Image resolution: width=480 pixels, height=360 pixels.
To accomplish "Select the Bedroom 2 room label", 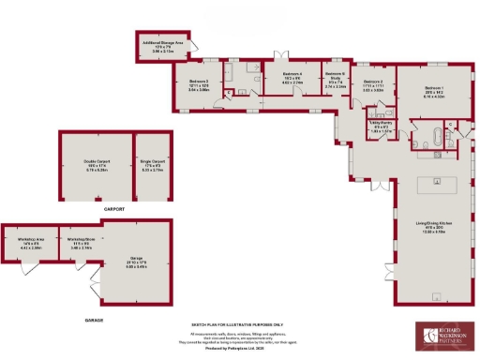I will click(374, 86).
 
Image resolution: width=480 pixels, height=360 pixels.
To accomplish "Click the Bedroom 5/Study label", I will click(336, 79).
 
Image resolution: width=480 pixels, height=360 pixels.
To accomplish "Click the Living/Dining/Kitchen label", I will click(434, 225).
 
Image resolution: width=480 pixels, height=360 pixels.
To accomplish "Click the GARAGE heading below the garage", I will click(94, 320).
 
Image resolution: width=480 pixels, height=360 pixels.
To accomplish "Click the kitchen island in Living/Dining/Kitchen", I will click(434, 180).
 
